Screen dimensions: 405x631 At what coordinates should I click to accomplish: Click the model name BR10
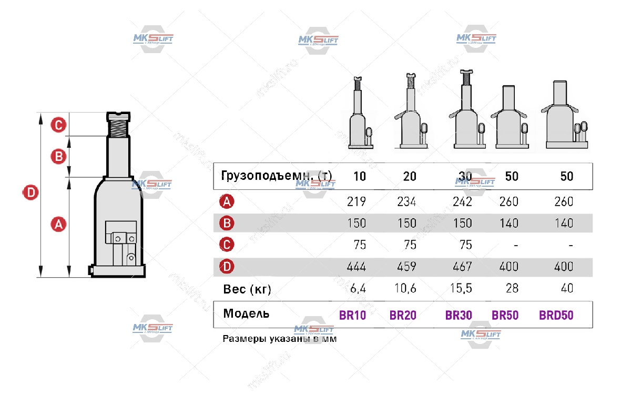(x=352, y=316)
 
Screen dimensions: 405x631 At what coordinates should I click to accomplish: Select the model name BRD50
(x=556, y=316)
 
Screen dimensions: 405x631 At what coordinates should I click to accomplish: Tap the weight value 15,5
(x=462, y=288)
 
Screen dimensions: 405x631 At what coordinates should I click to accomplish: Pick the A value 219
(x=357, y=202)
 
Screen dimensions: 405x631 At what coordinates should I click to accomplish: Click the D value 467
(x=462, y=267)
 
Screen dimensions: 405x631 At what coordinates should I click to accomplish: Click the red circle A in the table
(x=227, y=202)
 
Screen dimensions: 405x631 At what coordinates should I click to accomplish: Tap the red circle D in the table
(x=227, y=267)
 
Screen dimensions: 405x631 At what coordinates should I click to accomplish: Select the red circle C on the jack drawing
(x=58, y=125)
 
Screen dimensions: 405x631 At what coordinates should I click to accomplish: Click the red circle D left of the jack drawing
(x=30, y=193)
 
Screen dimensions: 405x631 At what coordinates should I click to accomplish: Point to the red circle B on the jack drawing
(x=58, y=156)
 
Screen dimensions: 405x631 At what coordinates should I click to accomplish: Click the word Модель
(x=246, y=314)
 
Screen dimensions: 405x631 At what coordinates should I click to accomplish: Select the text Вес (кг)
(x=247, y=289)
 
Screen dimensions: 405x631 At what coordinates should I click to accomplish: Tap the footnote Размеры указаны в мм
(x=279, y=339)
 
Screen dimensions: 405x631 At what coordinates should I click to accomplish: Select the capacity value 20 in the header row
(x=409, y=176)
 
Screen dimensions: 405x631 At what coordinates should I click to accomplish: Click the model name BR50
(x=505, y=316)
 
